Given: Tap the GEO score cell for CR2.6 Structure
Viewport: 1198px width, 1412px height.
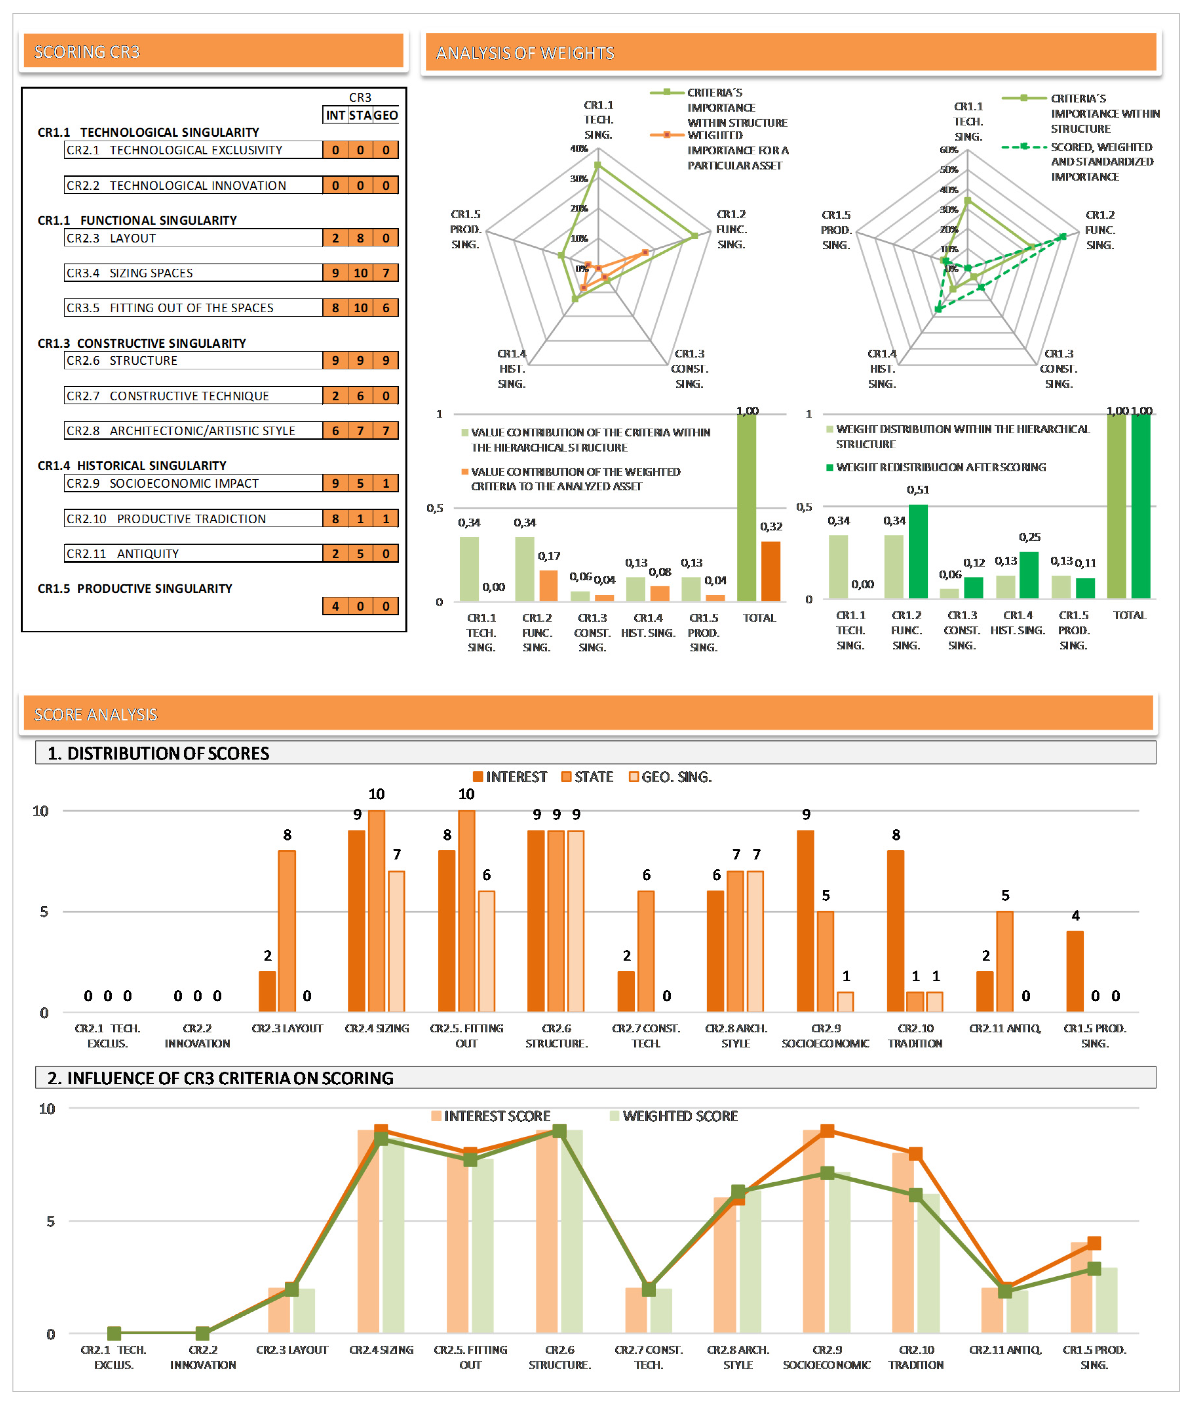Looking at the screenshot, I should [386, 361].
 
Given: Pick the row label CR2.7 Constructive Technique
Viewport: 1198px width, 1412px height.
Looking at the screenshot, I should [189, 396].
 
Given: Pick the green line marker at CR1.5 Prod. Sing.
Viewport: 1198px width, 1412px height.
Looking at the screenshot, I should [1093, 1269].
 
